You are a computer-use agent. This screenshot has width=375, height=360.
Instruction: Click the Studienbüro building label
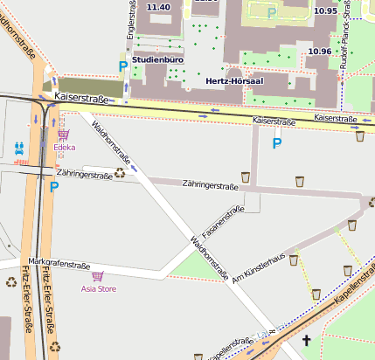click(x=156, y=59)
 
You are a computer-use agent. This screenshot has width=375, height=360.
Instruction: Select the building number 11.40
click(x=158, y=7)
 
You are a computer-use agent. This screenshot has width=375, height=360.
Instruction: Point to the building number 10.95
click(x=324, y=10)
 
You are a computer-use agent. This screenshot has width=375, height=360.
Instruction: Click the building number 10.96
click(x=319, y=52)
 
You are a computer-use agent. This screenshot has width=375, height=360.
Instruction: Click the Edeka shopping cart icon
click(x=63, y=135)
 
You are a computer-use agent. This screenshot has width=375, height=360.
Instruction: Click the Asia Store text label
click(x=99, y=287)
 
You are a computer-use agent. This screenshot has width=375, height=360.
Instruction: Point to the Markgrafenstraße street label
click(x=59, y=262)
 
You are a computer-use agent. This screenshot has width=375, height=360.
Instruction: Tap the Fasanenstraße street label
click(x=222, y=224)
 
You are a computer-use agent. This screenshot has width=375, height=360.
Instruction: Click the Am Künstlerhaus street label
click(x=259, y=268)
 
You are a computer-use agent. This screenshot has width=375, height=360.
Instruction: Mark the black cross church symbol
click(x=306, y=340)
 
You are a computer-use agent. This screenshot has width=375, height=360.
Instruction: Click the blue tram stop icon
click(x=19, y=148)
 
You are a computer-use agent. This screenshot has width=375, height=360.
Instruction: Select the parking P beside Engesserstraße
click(x=123, y=66)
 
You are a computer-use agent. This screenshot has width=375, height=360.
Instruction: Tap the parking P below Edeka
click(x=54, y=186)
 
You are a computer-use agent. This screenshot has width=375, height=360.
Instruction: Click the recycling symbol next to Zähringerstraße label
click(x=120, y=173)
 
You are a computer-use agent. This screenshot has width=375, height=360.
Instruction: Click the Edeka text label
click(x=64, y=148)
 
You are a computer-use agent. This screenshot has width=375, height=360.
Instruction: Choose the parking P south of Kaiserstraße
click(x=277, y=143)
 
